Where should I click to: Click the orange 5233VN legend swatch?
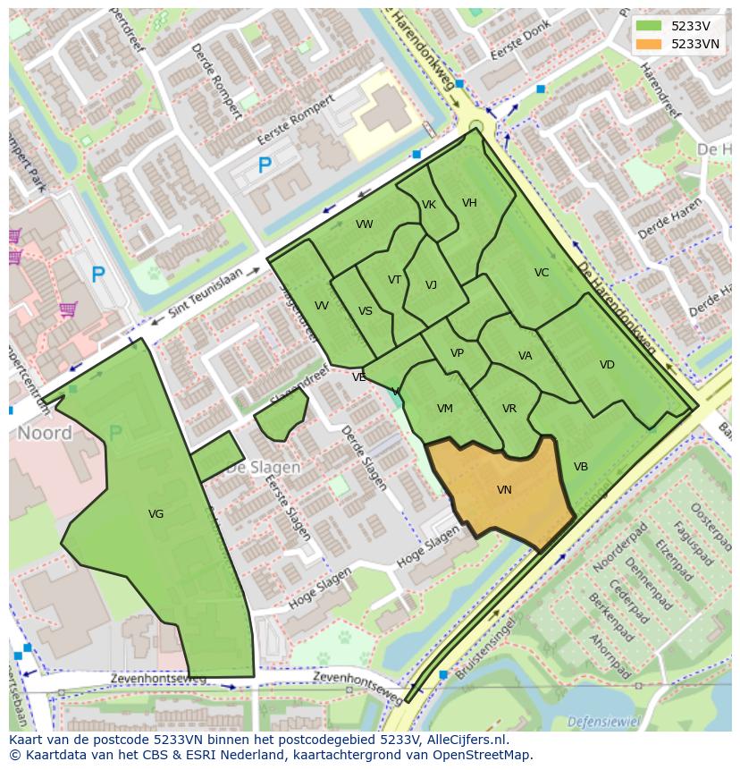[x=650, y=44]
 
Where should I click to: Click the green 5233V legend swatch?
[x=650, y=26]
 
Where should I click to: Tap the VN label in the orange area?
[x=504, y=490]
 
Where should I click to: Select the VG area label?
[x=156, y=513]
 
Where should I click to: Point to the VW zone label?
[x=364, y=224]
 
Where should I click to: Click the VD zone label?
[x=607, y=365]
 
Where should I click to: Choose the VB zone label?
[x=581, y=467]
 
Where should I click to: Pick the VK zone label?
[x=429, y=205]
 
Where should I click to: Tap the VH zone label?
[x=469, y=203]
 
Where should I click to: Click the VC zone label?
[x=542, y=273]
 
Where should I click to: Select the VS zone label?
[x=366, y=311]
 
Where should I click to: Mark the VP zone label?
[x=457, y=353]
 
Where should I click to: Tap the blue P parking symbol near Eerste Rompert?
[x=265, y=165]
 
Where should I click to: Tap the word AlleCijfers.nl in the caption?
[x=465, y=740]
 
